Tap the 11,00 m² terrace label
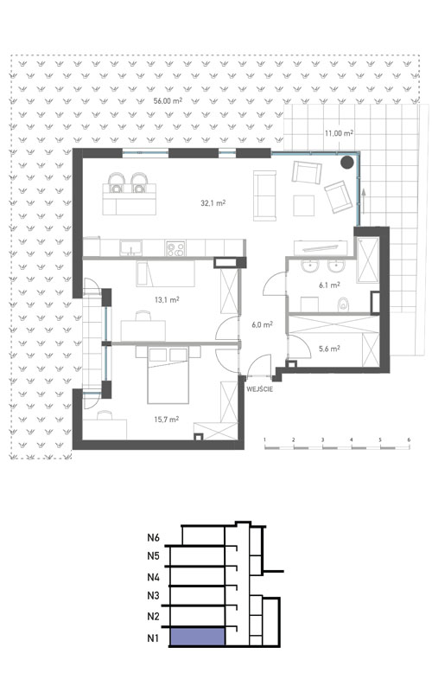pyautogui.click(x=339, y=133)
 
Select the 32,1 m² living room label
pyautogui.click(x=213, y=204)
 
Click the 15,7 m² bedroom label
pyautogui.click(x=165, y=420)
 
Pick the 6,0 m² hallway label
pyautogui.click(x=262, y=325)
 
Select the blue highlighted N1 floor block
pyautogui.click(x=198, y=638)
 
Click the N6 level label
pyautogui.click(x=154, y=537)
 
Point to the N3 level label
pyautogui.click(x=154, y=596)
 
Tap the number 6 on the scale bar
pyautogui.click(x=408, y=440)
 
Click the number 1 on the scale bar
pyautogui.click(x=265, y=440)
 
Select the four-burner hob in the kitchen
pyautogui.click(x=177, y=249)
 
